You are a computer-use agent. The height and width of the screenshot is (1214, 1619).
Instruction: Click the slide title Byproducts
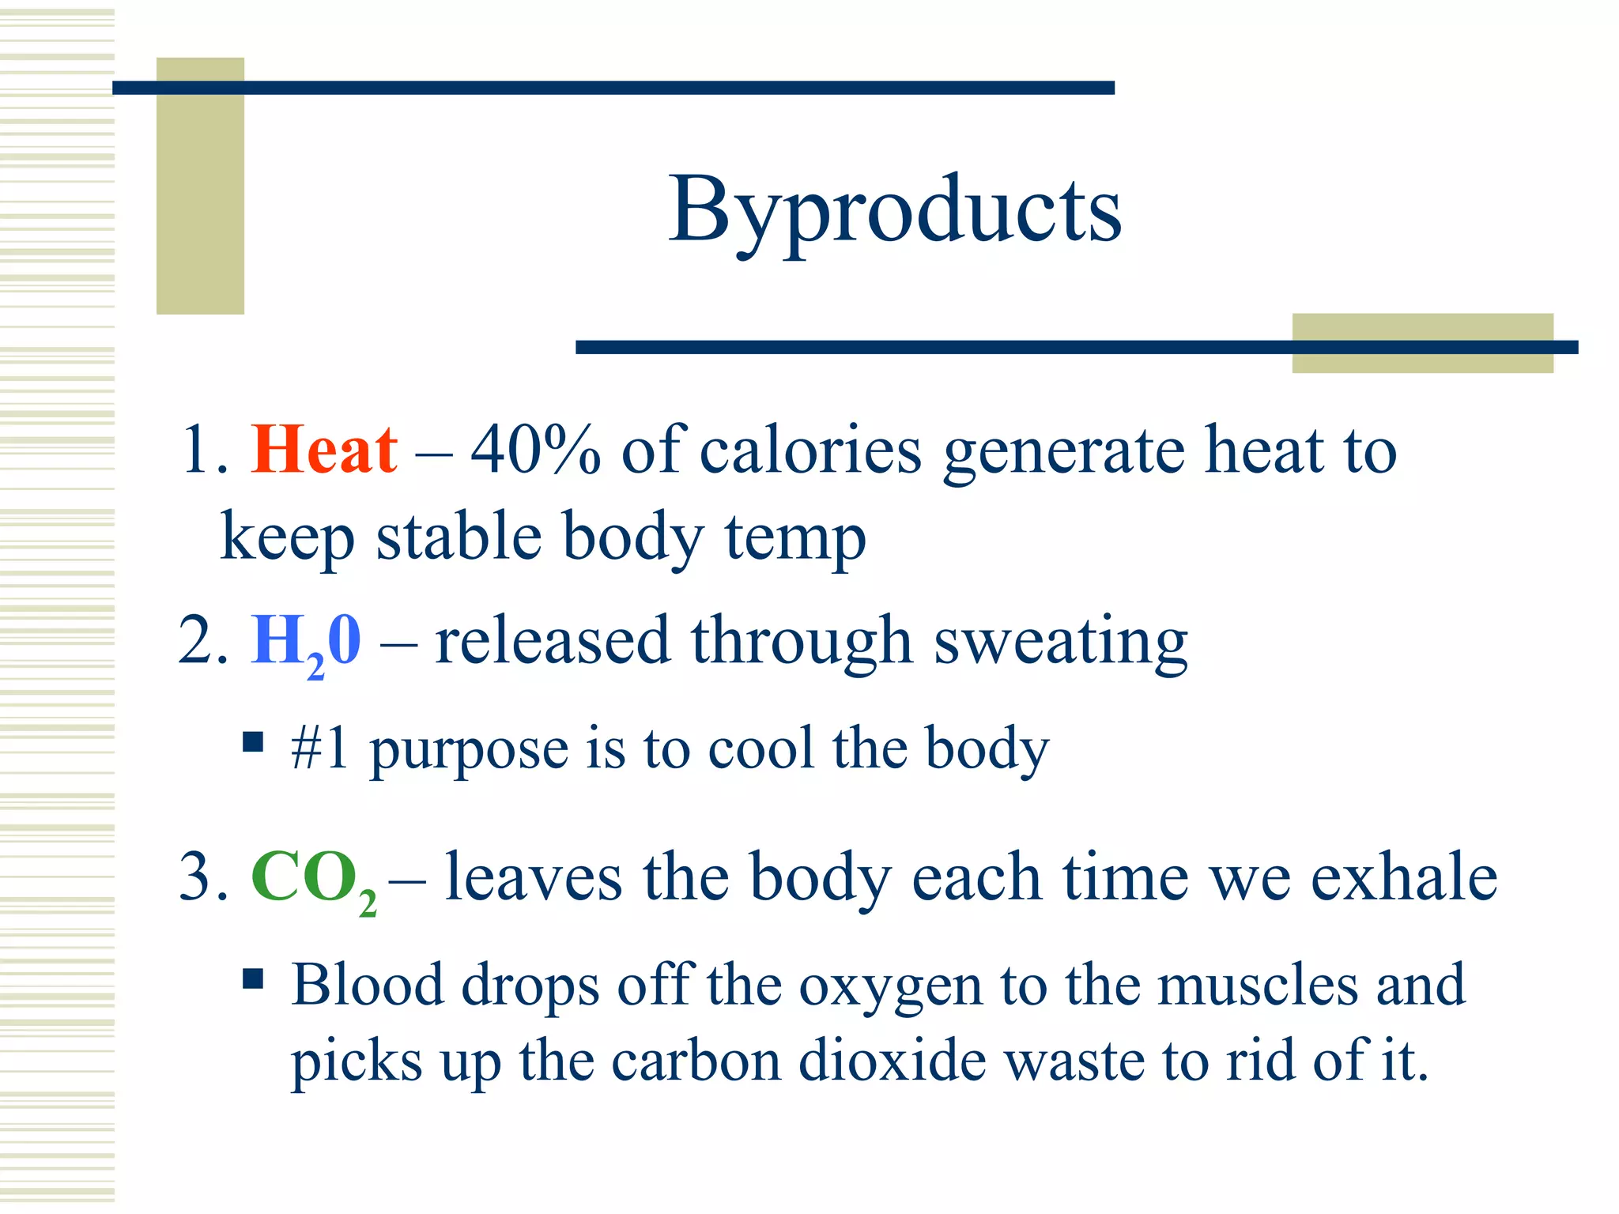tap(894, 211)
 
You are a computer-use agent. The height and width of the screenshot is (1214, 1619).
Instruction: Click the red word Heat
tap(324, 450)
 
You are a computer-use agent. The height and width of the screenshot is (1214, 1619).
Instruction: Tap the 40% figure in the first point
tap(535, 450)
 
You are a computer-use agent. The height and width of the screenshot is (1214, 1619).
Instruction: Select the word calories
tap(810, 450)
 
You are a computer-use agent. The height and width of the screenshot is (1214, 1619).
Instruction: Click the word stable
tap(459, 537)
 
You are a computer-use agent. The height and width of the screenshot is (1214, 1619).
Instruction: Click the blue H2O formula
tap(306, 642)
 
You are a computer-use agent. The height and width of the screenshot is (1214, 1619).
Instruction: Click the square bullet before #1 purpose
tap(253, 743)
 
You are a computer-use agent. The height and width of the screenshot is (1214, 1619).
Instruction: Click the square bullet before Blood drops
tap(253, 979)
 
